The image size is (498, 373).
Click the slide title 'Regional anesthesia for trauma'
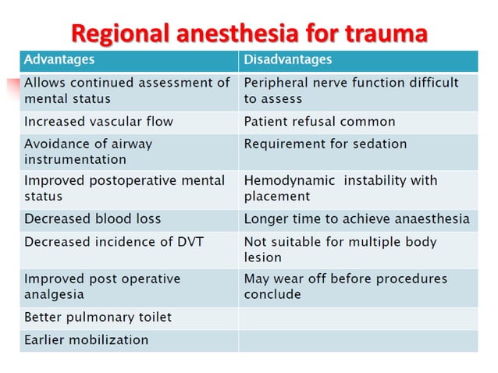tap(250, 34)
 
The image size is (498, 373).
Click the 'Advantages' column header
tap(59, 59)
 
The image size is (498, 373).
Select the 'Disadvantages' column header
tap(287, 59)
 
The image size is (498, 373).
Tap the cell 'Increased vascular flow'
tap(98, 122)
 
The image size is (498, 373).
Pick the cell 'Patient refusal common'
tap(319, 122)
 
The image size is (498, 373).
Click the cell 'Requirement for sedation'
tap(325, 144)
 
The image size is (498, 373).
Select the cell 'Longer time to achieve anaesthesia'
tap(357, 219)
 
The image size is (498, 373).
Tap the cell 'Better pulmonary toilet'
tap(98, 318)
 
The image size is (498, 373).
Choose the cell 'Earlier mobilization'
tap(86, 340)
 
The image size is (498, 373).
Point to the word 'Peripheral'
tap(277, 83)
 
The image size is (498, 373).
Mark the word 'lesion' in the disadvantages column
tap(262, 257)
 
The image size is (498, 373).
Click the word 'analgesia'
tap(54, 294)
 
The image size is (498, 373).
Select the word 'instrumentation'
tap(75, 159)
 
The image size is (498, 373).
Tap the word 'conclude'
tap(272, 294)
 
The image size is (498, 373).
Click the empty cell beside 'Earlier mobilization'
tap(357, 340)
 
